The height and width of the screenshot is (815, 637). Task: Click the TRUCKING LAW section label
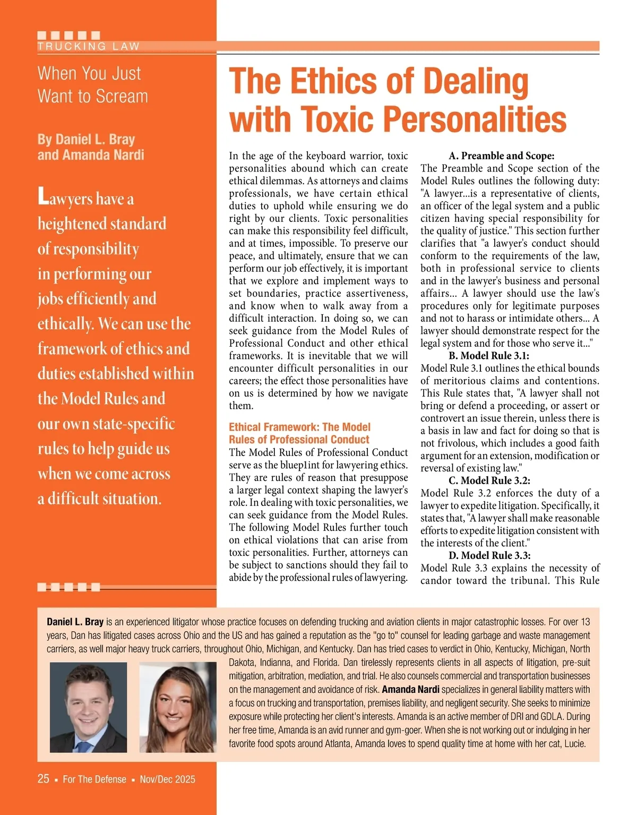(88, 46)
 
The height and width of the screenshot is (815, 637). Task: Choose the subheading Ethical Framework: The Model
(299, 427)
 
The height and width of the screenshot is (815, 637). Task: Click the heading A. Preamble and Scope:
(501, 156)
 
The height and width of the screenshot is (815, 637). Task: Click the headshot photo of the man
(88, 707)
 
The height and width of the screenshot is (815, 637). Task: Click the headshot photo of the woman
(178, 707)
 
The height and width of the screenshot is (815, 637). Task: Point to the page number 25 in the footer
(43, 779)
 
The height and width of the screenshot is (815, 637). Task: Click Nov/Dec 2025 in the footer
(167, 779)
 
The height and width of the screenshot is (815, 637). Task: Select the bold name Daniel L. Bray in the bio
(75, 622)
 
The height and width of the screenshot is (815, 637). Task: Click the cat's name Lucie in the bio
(574, 744)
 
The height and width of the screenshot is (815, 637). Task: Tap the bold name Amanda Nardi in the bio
(410, 690)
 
